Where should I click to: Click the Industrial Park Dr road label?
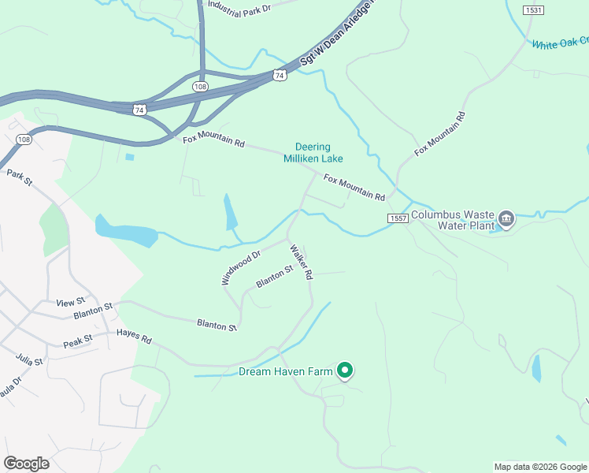[x=239, y=6]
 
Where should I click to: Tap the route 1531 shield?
[x=533, y=9]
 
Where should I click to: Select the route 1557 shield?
[x=397, y=218]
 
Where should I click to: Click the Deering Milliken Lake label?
[x=313, y=152]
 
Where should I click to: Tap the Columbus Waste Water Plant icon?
[x=506, y=218]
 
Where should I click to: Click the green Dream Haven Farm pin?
[x=344, y=369]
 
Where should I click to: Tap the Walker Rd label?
[x=302, y=263]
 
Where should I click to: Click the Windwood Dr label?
[x=240, y=268]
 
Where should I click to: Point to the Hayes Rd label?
[x=133, y=336]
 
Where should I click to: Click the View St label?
[x=70, y=303]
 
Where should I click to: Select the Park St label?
[x=19, y=177]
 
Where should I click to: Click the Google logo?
[x=26, y=463]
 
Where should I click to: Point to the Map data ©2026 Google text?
[x=539, y=467]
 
